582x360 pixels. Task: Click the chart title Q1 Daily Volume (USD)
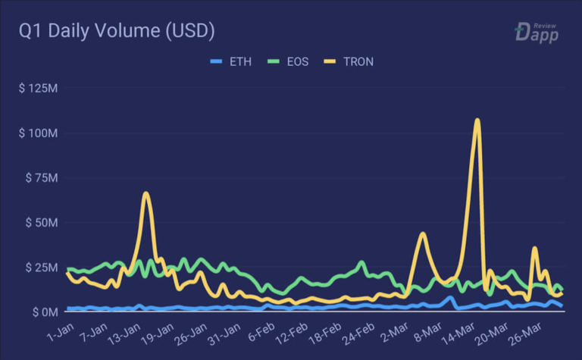117,32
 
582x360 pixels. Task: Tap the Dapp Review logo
537,32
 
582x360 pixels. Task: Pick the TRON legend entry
350,61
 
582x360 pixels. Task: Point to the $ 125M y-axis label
39,89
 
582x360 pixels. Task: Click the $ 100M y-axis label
39,133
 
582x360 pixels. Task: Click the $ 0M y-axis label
44,311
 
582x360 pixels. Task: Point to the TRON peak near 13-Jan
146,194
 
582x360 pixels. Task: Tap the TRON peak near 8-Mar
423,233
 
